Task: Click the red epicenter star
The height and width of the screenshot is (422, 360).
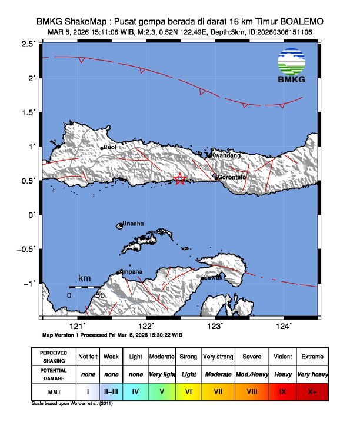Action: (x=181, y=180)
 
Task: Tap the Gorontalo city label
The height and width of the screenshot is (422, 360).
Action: (x=231, y=177)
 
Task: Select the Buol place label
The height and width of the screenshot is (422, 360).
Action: (x=110, y=147)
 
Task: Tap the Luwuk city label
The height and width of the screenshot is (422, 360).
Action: (x=213, y=278)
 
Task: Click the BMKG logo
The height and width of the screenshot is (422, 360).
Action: (x=293, y=67)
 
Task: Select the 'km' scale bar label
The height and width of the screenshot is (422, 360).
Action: (x=85, y=277)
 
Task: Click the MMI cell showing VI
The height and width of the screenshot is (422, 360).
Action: (x=188, y=391)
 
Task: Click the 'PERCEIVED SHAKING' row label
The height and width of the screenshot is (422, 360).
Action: (x=54, y=357)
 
